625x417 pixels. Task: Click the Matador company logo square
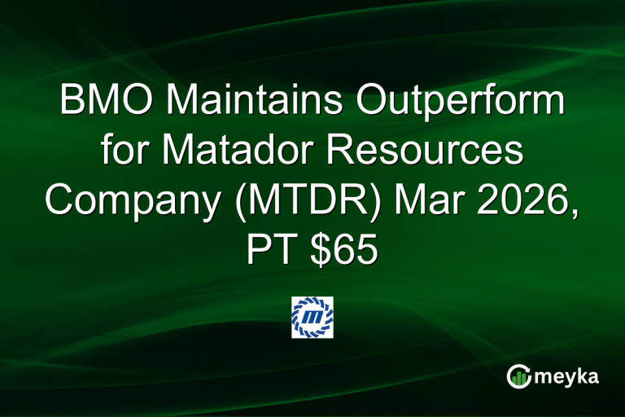[x=312, y=318]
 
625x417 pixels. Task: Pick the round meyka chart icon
[x=518, y=375]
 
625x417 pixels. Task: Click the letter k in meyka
[x=582, y=375]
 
